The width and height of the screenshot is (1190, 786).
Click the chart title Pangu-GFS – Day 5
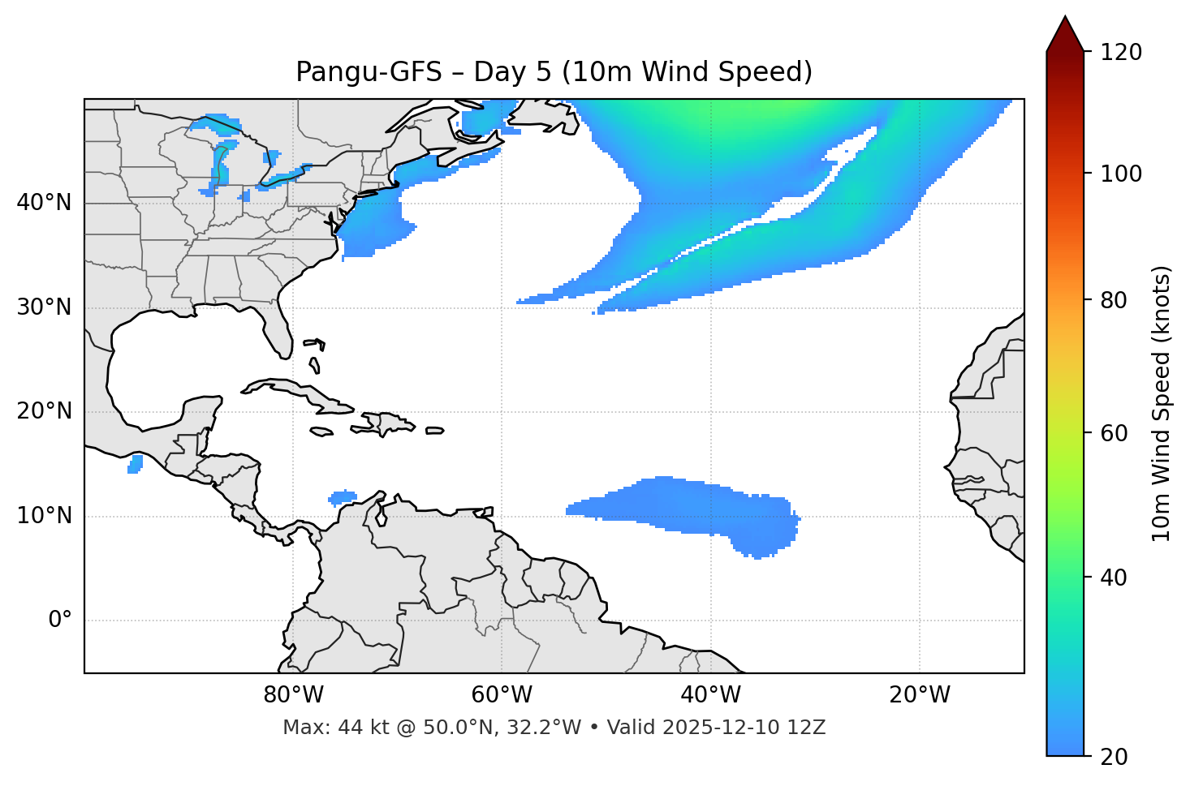click(554, 72)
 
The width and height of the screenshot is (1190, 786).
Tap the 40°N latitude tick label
click(44, 203)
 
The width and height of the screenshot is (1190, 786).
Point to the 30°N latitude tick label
click(44, 307)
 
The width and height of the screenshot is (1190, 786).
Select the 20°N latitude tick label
click(44, 411)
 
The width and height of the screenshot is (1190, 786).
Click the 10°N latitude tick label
click(44, 516)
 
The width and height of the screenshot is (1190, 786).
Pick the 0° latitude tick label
click(59, 621)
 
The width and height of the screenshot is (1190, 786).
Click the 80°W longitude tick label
click(293, 695)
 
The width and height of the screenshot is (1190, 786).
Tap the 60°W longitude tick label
click(502, 695)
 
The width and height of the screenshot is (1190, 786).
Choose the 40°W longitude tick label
click(711, 695)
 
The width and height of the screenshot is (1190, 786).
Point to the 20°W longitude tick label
click(920, 695)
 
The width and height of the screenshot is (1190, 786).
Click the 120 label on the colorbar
click(1122, 53)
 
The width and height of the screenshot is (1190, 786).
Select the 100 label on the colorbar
click(1122, 174)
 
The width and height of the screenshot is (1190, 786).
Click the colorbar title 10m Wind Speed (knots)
click(1162, 403)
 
